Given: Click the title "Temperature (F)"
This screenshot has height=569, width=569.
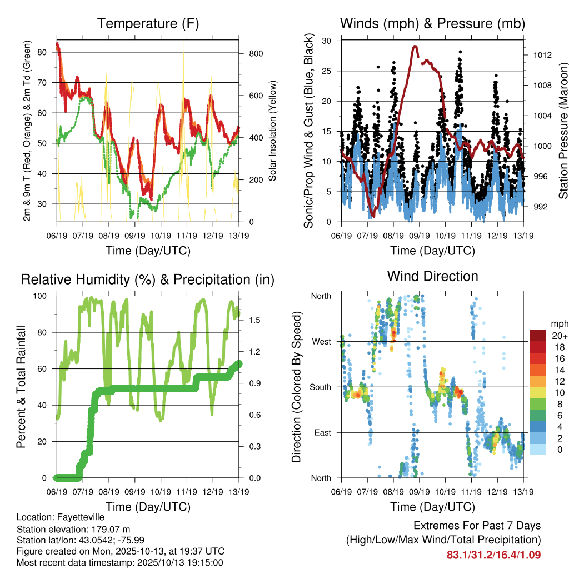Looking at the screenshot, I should click(x=148, y=24).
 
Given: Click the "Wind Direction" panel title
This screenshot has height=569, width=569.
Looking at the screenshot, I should click(x=432, y=276).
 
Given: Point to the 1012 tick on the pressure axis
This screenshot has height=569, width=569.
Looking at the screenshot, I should click(x=537, y=55).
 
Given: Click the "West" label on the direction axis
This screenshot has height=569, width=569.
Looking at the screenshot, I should click(x=321, y=341).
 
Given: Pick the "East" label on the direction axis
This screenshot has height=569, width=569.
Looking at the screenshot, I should click(x=322, y=432).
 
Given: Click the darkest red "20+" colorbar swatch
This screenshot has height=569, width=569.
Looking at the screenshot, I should click(x=538, y=336).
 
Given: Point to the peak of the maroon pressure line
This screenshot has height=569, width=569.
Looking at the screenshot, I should click(x=415, y=47).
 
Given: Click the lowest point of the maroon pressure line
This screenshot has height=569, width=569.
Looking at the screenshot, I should click(x=373, y=216).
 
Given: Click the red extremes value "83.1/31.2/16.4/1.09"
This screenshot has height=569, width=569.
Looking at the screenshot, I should click(x=493, y=555).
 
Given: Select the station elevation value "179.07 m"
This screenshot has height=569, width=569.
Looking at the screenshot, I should click(x=112, y=528).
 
